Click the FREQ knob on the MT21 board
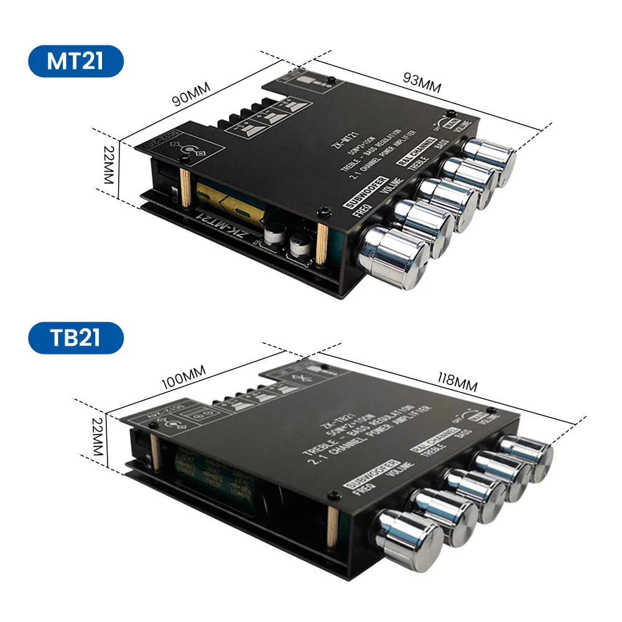[x=393, y=255]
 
